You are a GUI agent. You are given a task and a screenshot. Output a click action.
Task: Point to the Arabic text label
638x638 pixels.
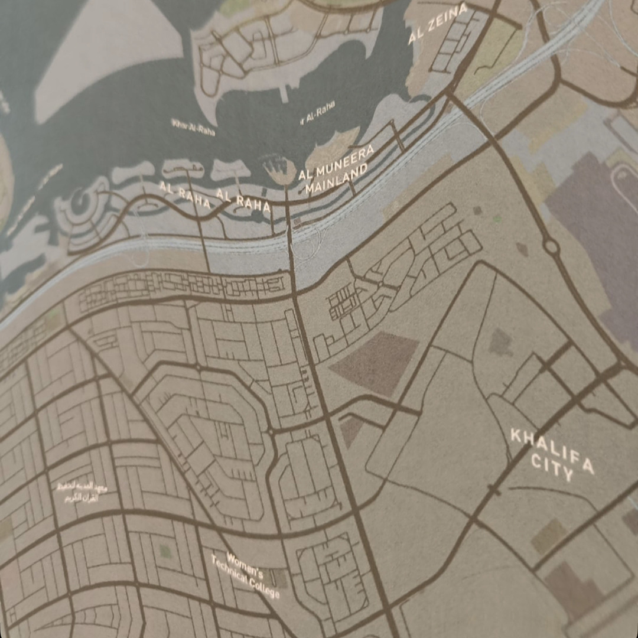79,492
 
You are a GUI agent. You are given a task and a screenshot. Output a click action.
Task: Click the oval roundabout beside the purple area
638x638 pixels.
552,246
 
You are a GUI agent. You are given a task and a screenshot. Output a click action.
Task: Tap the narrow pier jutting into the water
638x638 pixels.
285,93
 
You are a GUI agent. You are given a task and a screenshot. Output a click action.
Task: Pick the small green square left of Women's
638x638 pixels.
166,551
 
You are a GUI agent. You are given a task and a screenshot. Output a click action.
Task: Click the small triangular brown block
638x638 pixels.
351,429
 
